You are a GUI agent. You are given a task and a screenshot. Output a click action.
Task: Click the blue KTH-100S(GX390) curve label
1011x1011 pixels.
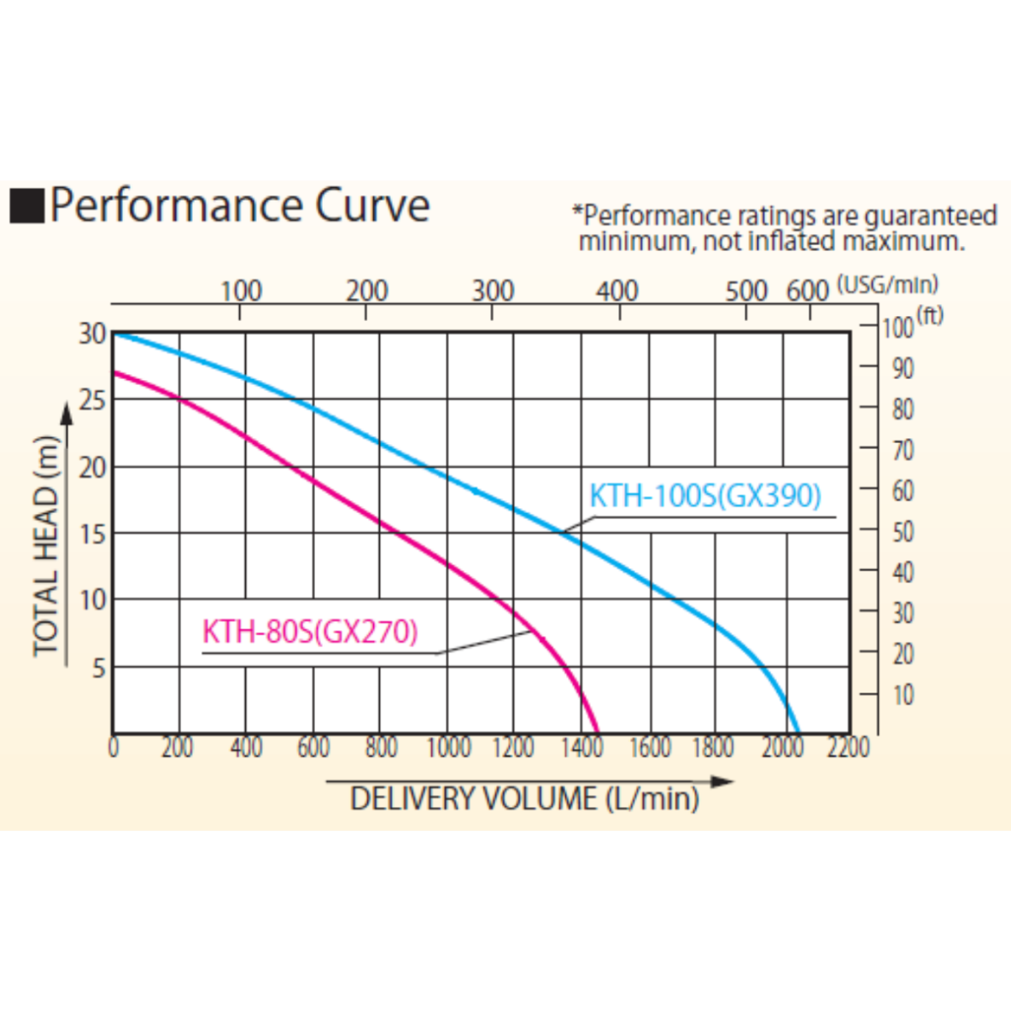click(705, 496)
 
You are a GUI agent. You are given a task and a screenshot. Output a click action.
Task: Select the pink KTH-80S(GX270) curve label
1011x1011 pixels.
click(310, 633)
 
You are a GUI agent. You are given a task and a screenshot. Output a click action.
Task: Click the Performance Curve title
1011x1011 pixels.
click(240, 206)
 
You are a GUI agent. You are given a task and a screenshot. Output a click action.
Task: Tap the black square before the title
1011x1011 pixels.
click(26, 206)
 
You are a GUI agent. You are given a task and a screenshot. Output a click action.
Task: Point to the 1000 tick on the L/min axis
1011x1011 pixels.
click(448, 748)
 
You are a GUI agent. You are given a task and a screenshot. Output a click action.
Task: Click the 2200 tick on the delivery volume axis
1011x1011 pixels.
click(848, 748)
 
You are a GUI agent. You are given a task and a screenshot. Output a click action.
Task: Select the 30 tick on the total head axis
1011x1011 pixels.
click(92, 334)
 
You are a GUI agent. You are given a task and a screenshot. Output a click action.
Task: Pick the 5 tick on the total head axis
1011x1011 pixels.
click(99, 668)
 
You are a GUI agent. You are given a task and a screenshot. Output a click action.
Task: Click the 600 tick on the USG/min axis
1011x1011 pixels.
click(808, 291)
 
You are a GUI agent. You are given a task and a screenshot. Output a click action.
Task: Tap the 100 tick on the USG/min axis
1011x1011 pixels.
click(241, 291)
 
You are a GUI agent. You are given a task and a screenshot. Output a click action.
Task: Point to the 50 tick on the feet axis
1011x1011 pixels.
click(903, 532)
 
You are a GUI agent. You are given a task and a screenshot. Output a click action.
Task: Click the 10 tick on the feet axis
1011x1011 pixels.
click(903, 695)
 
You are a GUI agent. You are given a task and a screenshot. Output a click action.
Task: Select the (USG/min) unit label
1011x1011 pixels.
click(888, 283)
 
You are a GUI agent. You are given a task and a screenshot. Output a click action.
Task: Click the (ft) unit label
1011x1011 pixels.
click(930, 315)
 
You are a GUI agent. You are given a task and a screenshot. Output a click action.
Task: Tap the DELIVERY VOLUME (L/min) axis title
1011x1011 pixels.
click(524, 799)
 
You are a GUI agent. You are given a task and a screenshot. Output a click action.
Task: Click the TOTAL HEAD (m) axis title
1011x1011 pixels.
click(47, 546)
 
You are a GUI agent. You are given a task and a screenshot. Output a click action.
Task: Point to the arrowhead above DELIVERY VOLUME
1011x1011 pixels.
click(722, 781)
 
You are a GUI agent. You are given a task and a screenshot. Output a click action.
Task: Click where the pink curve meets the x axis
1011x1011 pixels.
click(597, 732)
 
